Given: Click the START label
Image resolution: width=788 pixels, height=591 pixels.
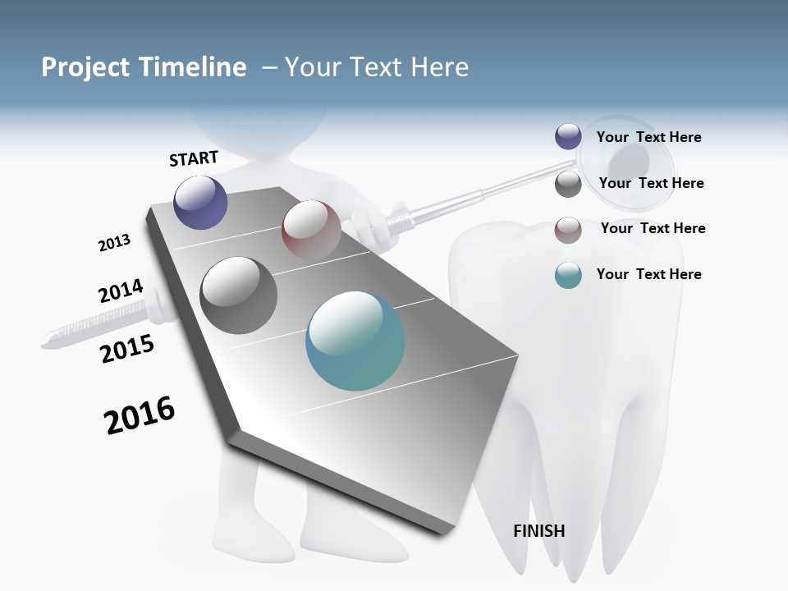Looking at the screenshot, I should [194, 158].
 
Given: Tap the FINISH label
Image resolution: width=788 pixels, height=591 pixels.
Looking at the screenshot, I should [539, 531].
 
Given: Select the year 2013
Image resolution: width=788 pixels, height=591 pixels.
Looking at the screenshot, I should [114, 243].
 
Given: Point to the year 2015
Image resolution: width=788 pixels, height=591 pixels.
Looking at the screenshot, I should [127, 348].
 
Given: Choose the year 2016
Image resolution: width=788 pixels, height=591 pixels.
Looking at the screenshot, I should [140, 415].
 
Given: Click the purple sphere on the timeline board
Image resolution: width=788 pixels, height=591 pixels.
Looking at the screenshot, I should [201, 202].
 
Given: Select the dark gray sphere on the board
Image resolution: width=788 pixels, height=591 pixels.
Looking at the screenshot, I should [239, 295].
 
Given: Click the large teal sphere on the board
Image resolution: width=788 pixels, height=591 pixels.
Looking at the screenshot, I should [355, 341].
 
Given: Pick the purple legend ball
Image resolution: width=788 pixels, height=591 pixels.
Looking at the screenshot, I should [568, 137].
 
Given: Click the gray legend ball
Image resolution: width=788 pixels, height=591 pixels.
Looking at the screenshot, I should [568, 184].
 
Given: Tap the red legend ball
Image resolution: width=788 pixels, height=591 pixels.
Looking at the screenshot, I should [568, 230].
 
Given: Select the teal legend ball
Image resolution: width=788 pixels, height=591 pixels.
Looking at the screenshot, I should [568, 276].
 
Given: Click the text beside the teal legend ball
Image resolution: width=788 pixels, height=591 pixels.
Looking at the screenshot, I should [648, 274].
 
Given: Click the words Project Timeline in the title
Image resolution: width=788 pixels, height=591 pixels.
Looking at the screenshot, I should [144, 67].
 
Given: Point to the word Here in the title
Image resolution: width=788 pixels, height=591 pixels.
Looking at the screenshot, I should [439, 67].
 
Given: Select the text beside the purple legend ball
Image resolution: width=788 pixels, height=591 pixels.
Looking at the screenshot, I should [648, 137].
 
